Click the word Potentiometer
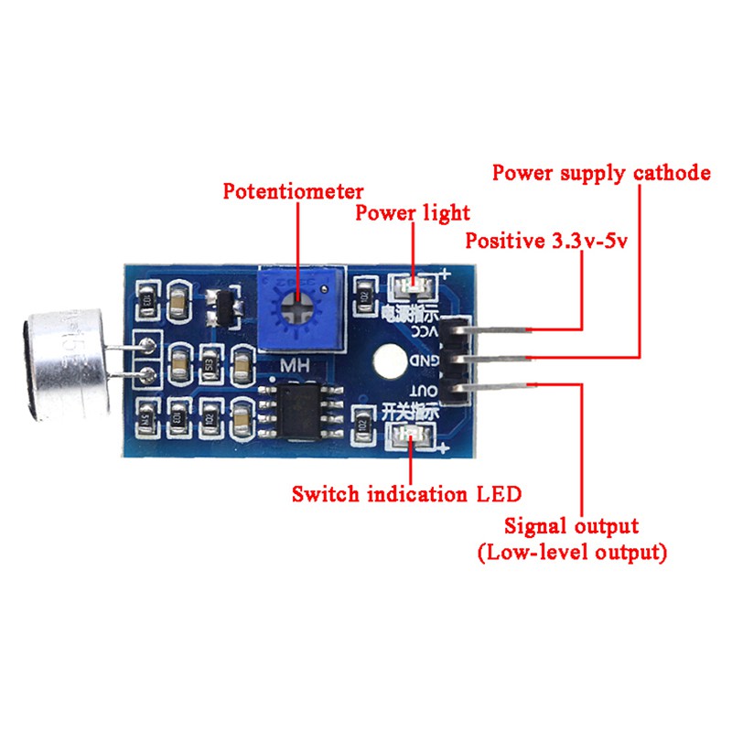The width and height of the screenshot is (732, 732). click(294, 192)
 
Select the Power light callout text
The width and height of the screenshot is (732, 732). click(412, 214)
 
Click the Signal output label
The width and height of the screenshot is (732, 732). click(572, 527)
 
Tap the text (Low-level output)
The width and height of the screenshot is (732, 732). click(572, 553)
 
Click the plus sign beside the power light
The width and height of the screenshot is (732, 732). click(446, 273)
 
